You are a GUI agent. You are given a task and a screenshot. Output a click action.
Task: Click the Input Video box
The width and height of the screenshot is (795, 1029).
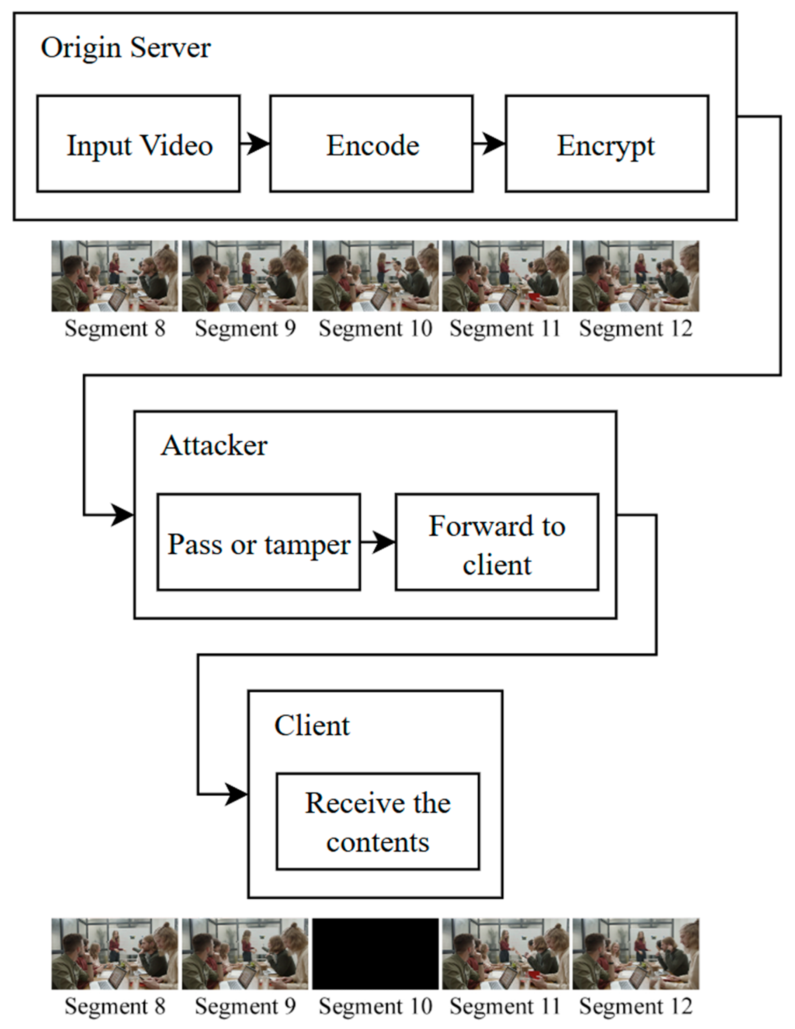[x=139, y=144]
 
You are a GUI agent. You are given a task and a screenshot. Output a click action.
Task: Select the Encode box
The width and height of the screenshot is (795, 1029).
[x=371, y=144]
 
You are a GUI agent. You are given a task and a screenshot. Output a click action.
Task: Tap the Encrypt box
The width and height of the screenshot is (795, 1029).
[x=607, y=144]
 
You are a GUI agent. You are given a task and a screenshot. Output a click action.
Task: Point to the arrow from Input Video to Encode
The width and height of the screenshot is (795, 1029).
[x=255, y=143]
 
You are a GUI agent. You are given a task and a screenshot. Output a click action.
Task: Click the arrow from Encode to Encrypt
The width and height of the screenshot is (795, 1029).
[x=489, y=143]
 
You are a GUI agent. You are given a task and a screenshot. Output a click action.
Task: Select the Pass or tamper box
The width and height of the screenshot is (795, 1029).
[x=259, y=542]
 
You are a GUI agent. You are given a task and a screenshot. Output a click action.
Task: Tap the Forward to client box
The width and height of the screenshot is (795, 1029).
[x=497, y=542]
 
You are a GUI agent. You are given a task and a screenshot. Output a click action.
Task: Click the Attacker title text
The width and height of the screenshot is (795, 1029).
[x=214, y=446]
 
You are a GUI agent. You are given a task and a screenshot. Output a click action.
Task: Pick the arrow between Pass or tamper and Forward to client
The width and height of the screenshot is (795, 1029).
[x=378, y=542]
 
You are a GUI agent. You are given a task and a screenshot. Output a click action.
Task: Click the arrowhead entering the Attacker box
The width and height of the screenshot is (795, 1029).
[x=122, y=515]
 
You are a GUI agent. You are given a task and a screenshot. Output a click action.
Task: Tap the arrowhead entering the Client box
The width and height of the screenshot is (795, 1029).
[x=236, y=794]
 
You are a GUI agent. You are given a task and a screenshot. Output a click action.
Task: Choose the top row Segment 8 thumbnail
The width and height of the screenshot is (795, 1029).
[x=115, y=276]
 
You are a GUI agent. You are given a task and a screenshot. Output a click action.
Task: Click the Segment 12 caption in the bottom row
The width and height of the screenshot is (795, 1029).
[x=635, y=1006]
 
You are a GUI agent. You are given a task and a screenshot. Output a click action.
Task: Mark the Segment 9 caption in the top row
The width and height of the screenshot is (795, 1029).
[x=245, y=328]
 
